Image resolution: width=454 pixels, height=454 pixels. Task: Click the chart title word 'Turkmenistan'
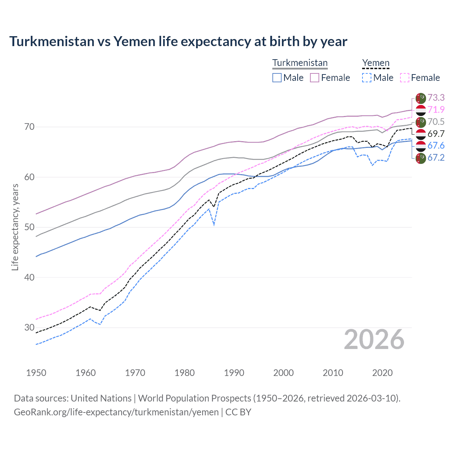click(47, 41)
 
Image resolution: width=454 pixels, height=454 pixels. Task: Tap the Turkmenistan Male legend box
click(277, 78)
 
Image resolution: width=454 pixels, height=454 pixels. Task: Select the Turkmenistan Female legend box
click(315, 78)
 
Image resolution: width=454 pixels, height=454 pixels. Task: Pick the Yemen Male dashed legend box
click(367, 78)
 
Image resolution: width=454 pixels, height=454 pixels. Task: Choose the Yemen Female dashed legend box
click(405, 78)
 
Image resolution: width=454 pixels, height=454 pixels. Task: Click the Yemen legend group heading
click(376, 63)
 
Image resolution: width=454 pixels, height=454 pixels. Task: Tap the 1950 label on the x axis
click(36, 373)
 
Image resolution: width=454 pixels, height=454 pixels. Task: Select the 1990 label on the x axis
click(234, 373)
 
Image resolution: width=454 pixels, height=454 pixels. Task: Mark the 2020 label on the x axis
click(382, 373)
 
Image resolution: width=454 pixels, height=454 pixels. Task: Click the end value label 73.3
click(436, 98)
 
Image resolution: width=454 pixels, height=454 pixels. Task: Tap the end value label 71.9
click(436, 110)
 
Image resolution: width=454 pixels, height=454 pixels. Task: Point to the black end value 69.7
click(436, 134)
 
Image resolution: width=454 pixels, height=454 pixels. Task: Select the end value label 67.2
click(436, 157)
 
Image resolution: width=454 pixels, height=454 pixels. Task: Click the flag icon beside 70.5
click(421, 122)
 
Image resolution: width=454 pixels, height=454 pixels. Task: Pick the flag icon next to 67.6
click(421, 146)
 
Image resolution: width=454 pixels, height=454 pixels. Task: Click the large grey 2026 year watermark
click(374, 340)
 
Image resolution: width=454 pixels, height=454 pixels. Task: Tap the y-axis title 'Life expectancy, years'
click(15, 227)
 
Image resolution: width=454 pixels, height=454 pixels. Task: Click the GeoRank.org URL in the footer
click(116, 412)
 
